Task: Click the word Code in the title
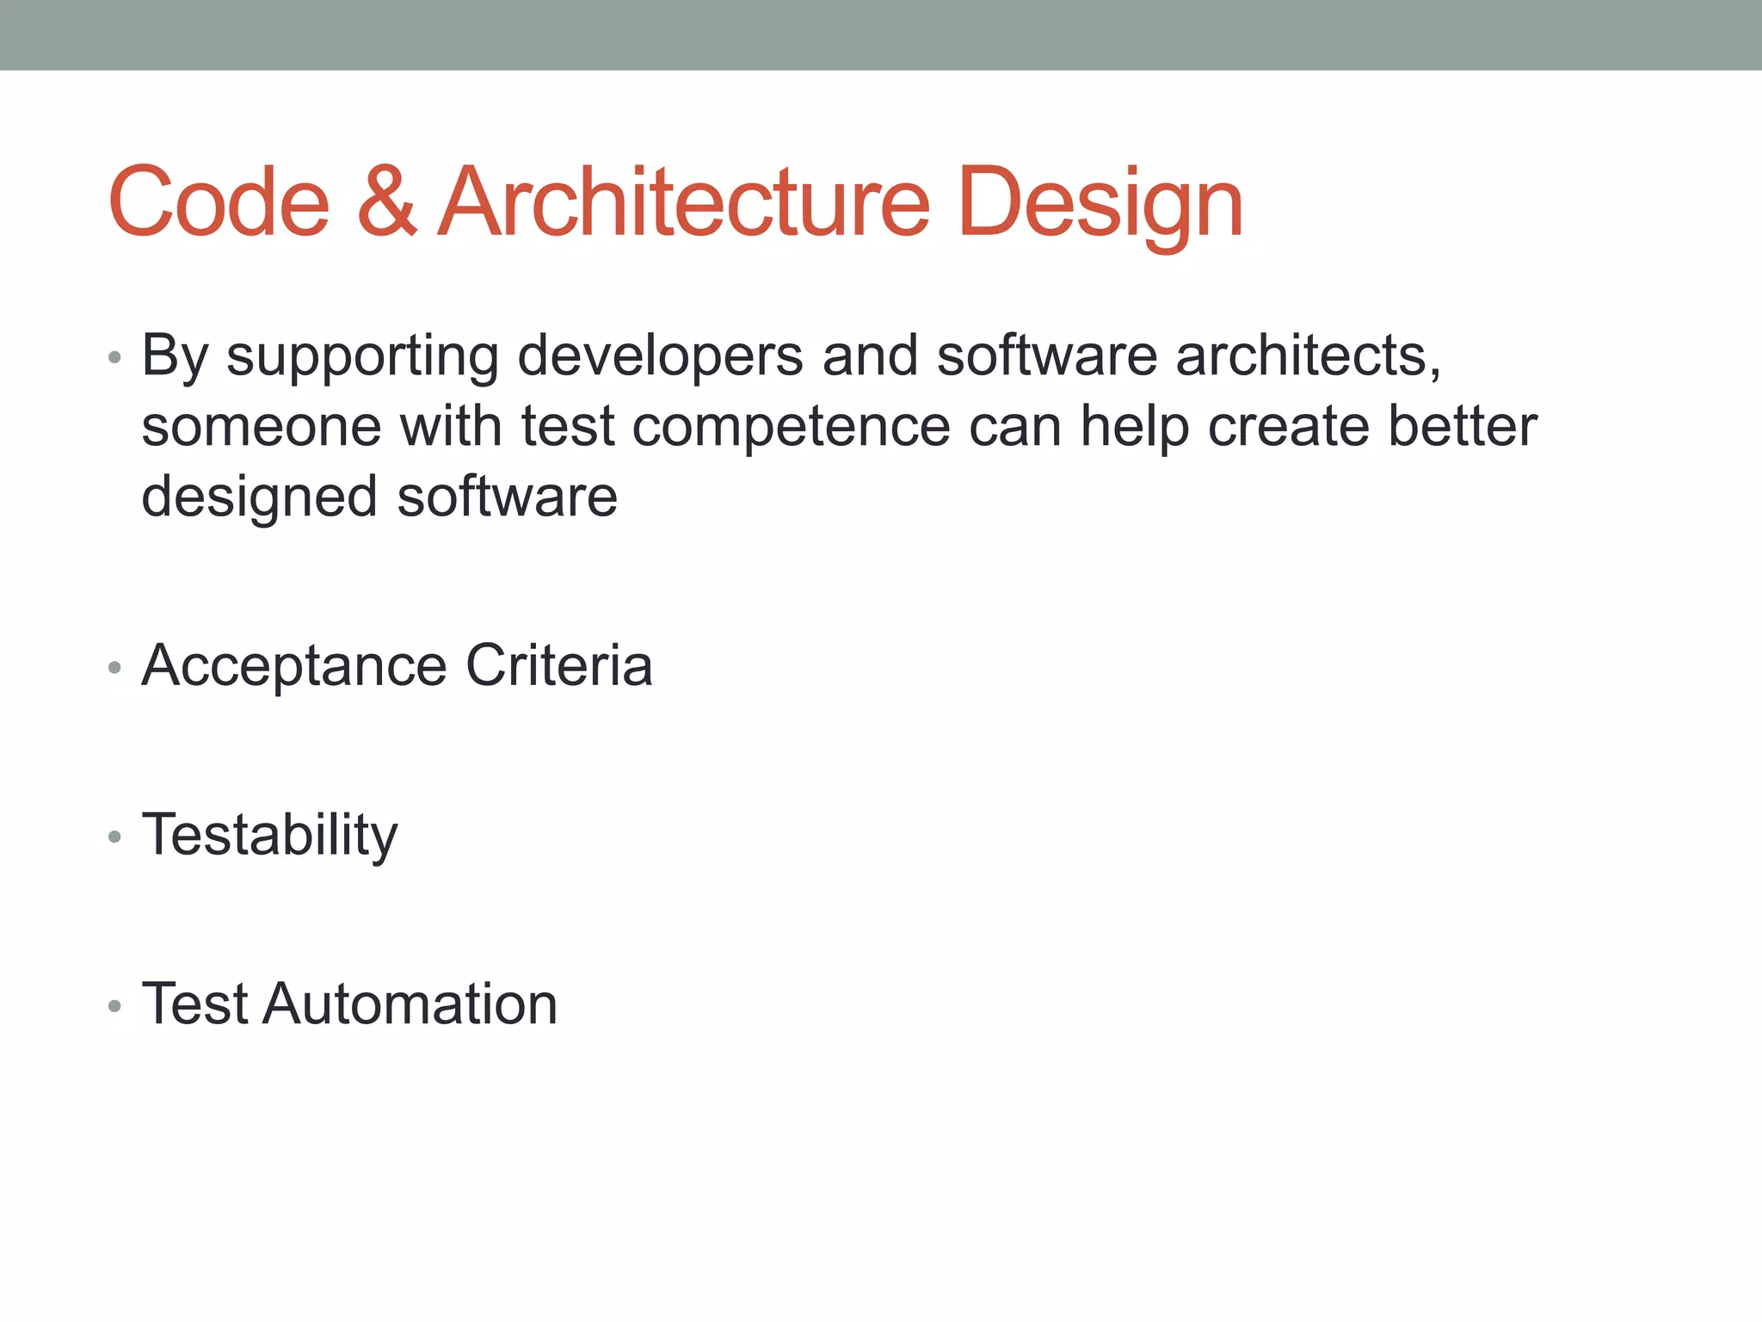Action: (x=219, y=202)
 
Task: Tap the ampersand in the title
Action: (x=386, y=202)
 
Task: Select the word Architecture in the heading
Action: (x=684, y=202)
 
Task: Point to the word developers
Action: (x=660, y=357)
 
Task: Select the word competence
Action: (x=791, y=428)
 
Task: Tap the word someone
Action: (x=261, y=428)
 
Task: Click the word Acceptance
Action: (x=293, y=667)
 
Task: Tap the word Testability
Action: (x=269, y=836)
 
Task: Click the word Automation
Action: (x=410, y=1004)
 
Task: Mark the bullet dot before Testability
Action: (x=114, y=837)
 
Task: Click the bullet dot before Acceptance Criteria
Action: (x=114, y=667)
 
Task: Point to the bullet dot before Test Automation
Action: (x=114, y=1005)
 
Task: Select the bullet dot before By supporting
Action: (x=114, y=356)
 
